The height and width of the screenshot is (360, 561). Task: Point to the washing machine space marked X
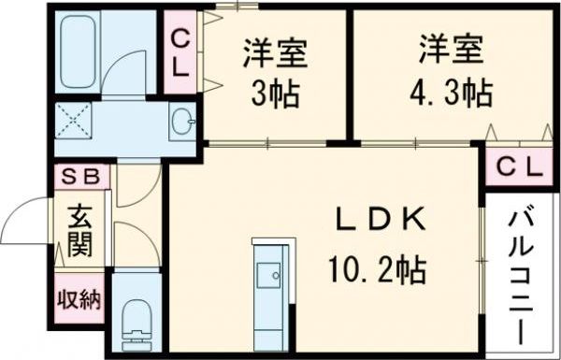pyautogui.click(x=74, y=121)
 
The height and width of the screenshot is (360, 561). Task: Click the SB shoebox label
pyautogui.click(x=81, y=175)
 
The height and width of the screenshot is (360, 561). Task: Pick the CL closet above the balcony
pyautogui.click(x=517, y=167)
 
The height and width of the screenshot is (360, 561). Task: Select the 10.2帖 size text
pyautogui.click(x=376, y=271)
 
